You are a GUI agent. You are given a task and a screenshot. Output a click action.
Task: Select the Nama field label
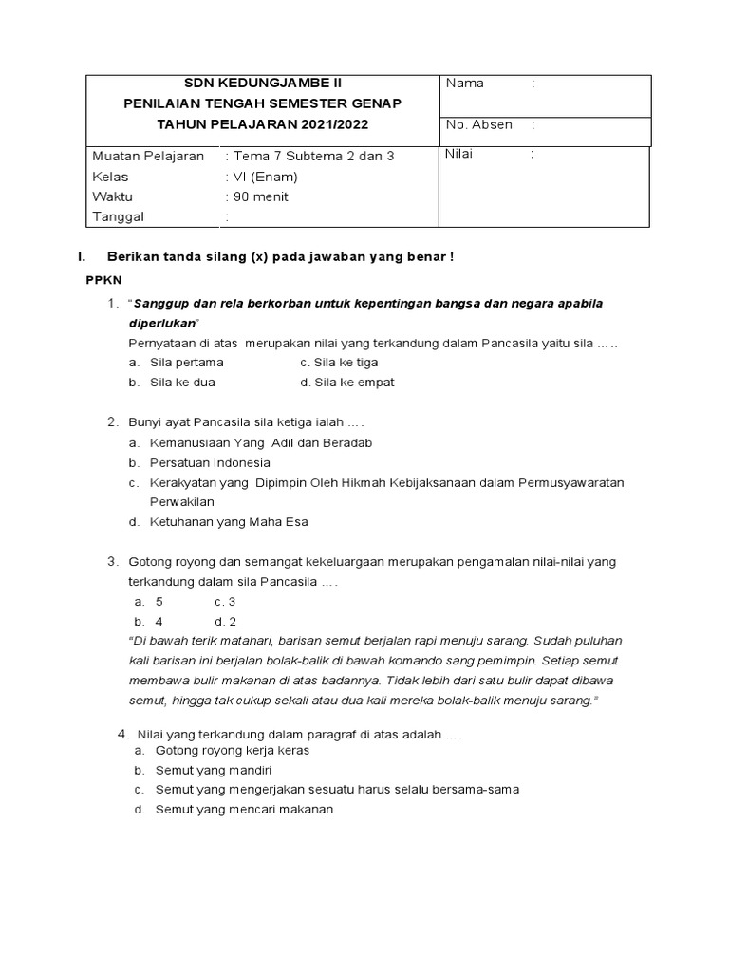point(465,84)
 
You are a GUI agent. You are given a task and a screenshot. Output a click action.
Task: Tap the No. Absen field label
point(479,124)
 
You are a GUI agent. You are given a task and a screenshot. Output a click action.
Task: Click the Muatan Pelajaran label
point(148,156)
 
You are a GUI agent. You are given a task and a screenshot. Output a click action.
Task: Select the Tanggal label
point(117,217)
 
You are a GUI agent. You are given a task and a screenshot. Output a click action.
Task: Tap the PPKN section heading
point(104,281)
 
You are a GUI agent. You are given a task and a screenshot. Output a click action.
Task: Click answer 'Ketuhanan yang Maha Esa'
point(229,522)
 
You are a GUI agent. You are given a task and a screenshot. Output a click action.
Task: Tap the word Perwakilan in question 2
point(182,501)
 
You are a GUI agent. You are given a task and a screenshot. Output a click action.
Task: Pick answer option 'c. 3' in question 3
point(225,602)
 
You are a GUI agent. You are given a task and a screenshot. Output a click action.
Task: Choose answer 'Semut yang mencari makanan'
point(244,810)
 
